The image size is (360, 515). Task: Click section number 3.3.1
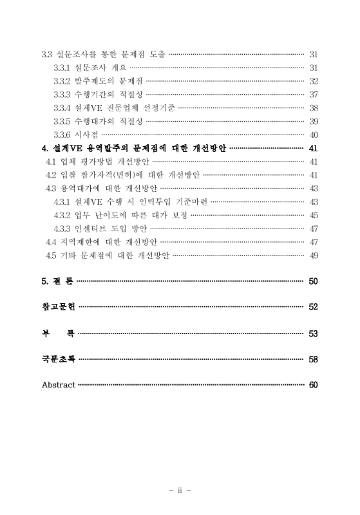(62, 68)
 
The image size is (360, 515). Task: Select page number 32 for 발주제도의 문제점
(314, 81)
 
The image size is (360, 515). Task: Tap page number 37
(314, 95)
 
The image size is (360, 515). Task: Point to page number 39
(314, 121)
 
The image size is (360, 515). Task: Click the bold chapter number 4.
(44, 148)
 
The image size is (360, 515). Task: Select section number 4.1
(51, 162)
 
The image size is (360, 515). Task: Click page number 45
(314, 215)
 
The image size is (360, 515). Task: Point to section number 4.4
(51, 242)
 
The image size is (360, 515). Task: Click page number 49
(314, 256)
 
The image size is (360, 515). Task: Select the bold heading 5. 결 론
(58, 281)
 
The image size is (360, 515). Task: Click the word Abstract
(58, 385)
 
